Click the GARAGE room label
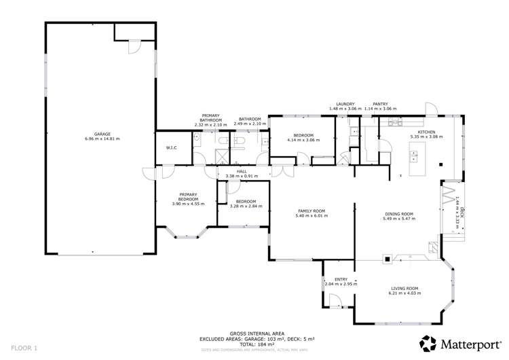102,134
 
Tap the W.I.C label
171,148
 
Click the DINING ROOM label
398,214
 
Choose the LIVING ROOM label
404,287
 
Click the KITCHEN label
426,132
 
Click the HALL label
242,171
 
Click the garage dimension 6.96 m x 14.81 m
102,139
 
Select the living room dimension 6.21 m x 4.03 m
404,293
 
